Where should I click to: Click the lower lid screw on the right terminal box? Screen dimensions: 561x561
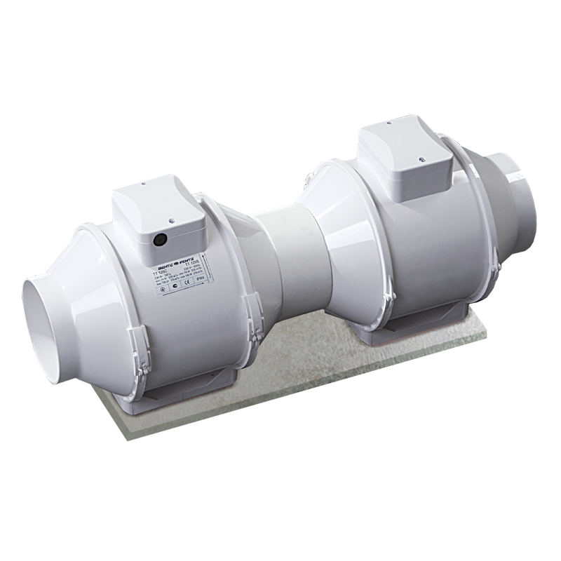(x=422, y=159)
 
